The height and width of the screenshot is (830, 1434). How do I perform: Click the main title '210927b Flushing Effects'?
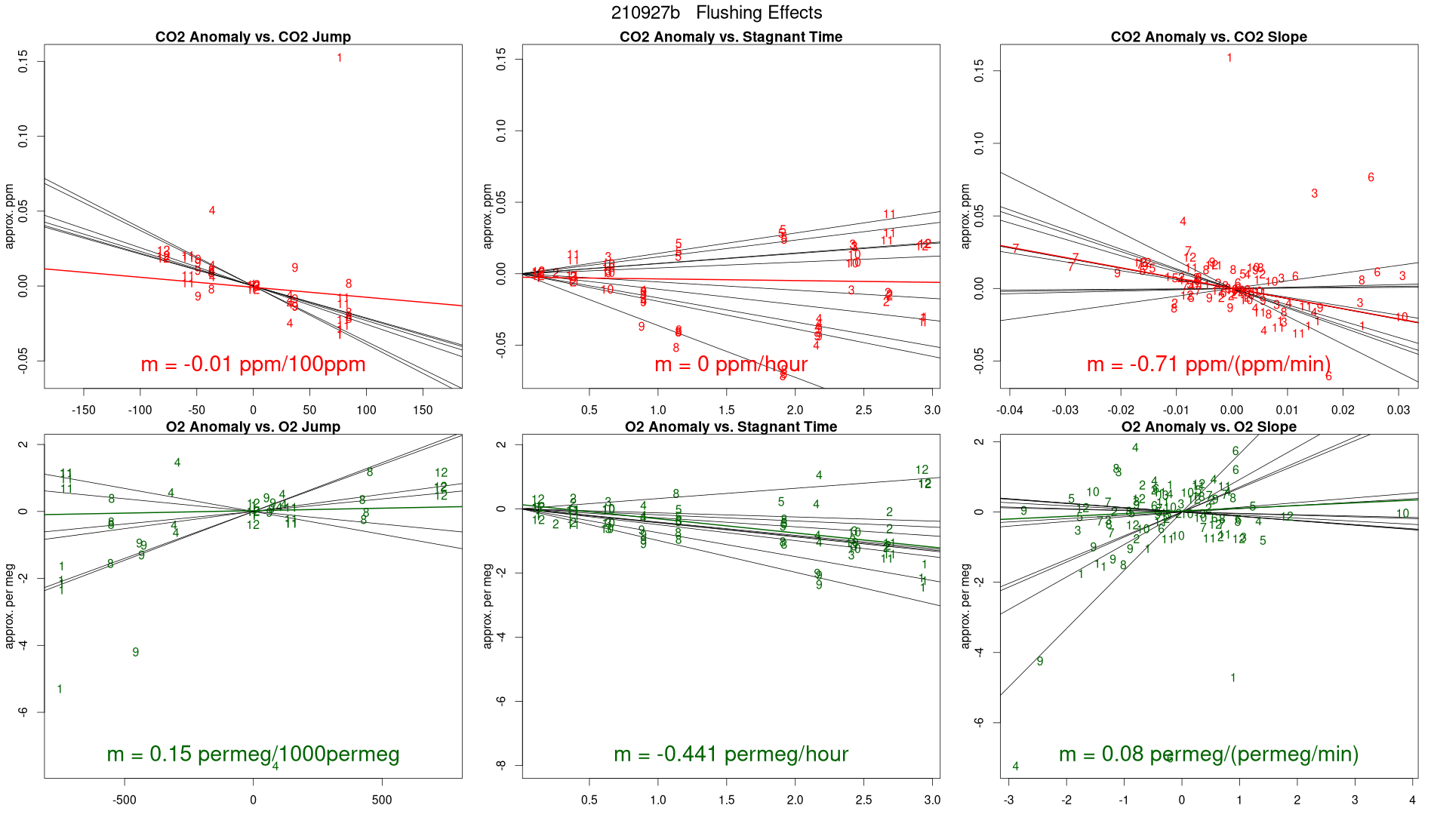(716, 13)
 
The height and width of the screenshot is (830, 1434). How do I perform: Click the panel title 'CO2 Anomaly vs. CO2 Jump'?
(253, 37)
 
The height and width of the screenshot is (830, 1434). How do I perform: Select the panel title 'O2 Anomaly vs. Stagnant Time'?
(731, 427)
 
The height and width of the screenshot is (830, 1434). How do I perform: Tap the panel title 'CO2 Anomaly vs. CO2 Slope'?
(1208, 37)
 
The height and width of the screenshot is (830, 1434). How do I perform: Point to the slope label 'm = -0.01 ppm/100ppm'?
(253, 364)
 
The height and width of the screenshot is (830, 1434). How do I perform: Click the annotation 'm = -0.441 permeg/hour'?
(731, 754)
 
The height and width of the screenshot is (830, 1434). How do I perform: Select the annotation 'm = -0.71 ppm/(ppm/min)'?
(1208, 364)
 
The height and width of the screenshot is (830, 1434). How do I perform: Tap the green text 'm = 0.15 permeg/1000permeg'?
(253, 754)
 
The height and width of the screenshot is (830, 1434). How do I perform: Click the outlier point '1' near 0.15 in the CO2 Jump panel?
(340, 58)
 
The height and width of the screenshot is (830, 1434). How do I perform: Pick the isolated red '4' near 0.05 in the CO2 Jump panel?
(212, 211)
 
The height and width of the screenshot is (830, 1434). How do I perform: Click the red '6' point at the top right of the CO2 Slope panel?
(1371, 177)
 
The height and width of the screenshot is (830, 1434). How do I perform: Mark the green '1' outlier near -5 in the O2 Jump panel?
(60, 689)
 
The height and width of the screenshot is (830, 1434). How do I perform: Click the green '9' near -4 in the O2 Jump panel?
(136, 652)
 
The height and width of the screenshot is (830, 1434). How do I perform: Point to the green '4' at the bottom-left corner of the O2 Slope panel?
(1015, 766)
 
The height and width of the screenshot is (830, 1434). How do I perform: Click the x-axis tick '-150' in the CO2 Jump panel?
(83, 410)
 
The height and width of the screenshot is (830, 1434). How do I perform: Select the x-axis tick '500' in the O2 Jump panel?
(382, 800)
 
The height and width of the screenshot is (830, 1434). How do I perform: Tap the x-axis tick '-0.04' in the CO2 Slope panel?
(1010, 410)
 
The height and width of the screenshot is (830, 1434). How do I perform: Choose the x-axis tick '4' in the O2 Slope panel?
(1413, 800)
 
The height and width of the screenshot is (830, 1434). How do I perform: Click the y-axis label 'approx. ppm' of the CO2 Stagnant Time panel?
(487, 216)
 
